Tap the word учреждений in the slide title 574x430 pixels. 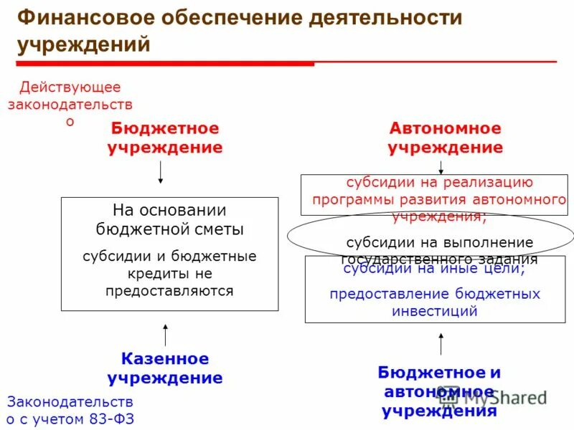pos(84,44)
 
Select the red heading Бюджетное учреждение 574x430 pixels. pos(165,138)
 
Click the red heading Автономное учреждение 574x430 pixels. pos(445,138)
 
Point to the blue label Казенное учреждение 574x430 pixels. pos(165,368)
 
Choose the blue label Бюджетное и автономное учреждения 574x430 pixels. pos(439,391)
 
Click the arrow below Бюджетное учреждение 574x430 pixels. pos(161,172)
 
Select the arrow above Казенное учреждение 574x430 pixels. pos(166,335)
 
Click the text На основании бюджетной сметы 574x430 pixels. pos(169,220)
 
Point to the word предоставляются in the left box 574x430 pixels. pos(169,291)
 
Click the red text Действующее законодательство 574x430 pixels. pos(70,104)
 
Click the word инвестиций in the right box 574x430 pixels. pos(435,311)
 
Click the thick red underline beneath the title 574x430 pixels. pos(165,64)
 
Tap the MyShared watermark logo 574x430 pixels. pos(495,398)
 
